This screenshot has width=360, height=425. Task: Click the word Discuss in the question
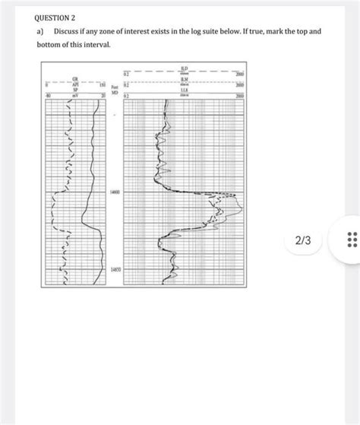coord(71,32)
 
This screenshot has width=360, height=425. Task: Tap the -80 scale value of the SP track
coord(47,95)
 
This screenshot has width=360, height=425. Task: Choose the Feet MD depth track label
coord(115,91)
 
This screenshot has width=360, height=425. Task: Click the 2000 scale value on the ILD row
coord(240,75)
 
